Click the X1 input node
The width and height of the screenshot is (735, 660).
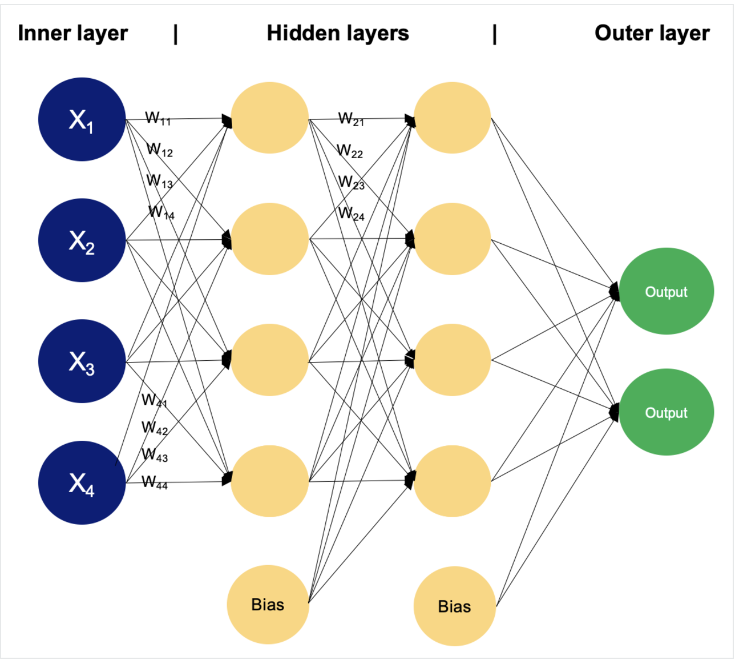[82, 119]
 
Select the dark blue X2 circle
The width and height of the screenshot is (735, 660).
[82, 240]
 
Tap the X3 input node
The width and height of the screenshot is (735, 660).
[82, 361]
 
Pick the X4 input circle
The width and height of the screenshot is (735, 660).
[82, 482]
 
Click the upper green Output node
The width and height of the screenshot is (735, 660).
[666, 291]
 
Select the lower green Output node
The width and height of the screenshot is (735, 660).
[666, 412]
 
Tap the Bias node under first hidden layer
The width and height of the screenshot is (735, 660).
[268, 605]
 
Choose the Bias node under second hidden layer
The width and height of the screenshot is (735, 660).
[454, 606]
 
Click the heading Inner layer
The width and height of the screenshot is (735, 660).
[73, 33]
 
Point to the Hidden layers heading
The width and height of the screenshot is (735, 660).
[338, 33]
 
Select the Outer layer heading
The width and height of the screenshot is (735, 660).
[652, 33]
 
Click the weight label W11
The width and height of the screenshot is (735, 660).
[157, 118]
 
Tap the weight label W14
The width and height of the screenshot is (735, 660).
[161, 212]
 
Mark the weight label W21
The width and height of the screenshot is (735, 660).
[350, 119]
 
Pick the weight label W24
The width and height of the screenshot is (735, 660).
[350, 214]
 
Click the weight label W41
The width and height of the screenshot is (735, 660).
[154, 400]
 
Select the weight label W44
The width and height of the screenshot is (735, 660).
[155, 482]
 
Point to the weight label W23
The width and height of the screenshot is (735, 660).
[350, 182]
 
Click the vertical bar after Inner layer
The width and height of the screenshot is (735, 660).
[176, 34]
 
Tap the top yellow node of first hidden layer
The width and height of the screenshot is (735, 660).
[269, 118]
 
